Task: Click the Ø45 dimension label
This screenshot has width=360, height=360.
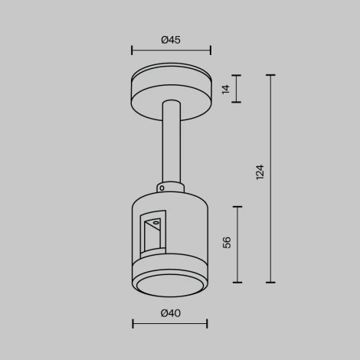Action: click(x=171, y=40)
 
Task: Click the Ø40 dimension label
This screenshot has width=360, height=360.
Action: click(x=170, y=313)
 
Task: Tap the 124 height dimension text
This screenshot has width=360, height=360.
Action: click(x=259, y=172)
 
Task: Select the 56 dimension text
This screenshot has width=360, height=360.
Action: click(x=227, y=243)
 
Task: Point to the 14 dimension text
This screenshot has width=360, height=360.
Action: click(x=225, y=89)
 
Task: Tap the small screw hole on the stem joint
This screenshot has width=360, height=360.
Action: click(x=161, y=186)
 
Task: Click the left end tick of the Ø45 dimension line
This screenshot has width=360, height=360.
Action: click(x=133, y=51)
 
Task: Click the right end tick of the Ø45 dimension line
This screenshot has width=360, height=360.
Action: click(x=210, y=51)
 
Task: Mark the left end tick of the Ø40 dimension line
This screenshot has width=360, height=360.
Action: click(x=133, y=324)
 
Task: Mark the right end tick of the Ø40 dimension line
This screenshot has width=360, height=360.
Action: click(x=207, y=324)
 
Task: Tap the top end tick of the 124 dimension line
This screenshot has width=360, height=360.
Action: click(x=270, y=75)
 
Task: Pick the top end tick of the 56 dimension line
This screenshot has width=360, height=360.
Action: click(x=238, y=207)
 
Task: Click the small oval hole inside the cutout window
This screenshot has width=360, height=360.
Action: click(x=156, y=223)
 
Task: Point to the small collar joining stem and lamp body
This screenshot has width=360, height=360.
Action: click(x=171, y=186)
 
